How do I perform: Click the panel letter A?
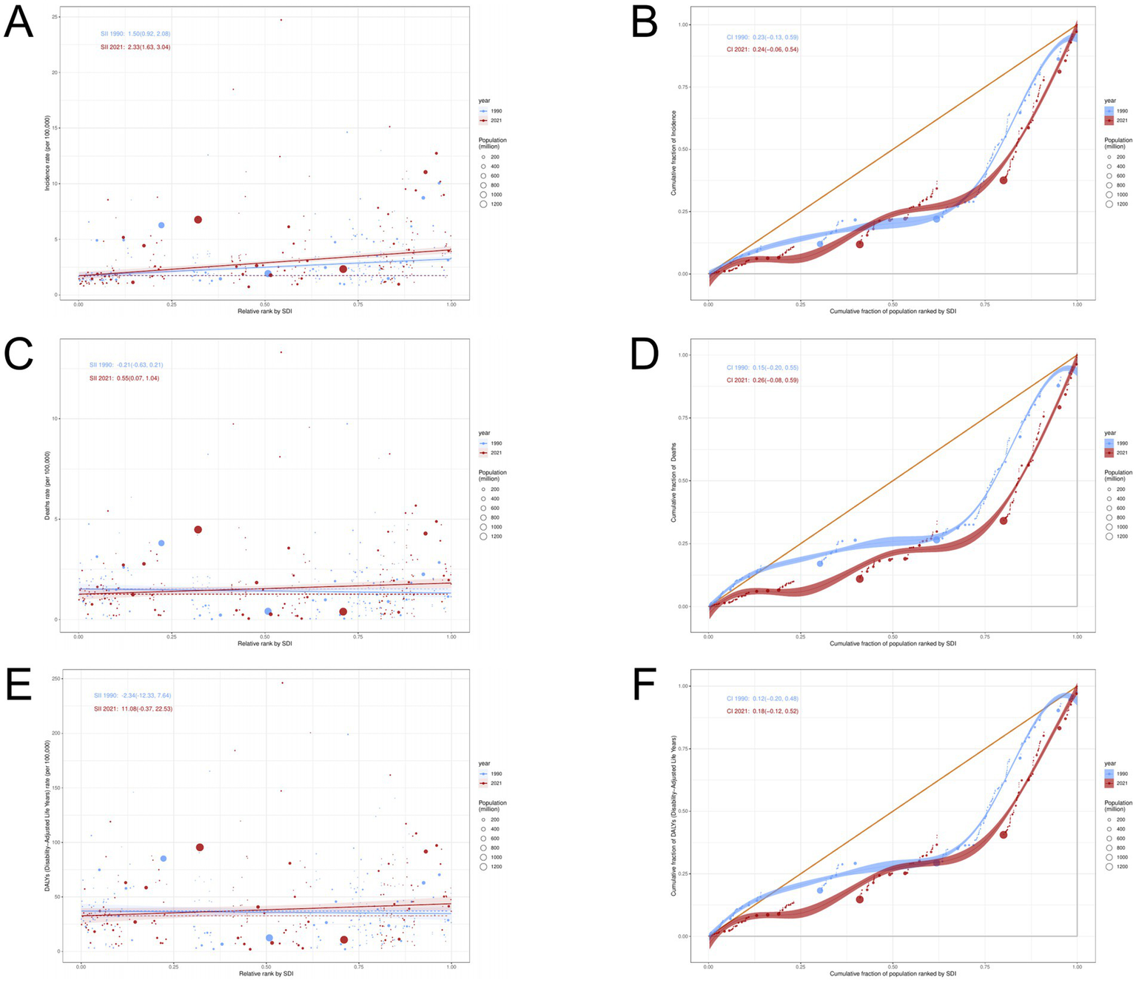19,24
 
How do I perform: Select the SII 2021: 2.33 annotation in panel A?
135,47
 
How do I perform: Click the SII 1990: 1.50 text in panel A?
135,34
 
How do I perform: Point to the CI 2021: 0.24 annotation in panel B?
762,50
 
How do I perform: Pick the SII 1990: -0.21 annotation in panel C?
126,365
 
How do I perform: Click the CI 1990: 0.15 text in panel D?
762,368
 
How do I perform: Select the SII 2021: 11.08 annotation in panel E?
133,709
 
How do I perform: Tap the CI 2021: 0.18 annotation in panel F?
762,711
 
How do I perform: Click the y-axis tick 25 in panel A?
56,17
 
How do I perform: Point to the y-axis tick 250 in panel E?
56,679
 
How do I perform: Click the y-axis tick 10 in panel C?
56,419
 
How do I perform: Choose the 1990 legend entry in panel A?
491,111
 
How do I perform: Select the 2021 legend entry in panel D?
1116,452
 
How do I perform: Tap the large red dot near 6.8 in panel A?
198,220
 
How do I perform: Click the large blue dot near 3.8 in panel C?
161,543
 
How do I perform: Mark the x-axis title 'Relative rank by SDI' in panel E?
266,973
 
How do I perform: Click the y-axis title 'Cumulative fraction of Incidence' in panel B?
674,153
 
